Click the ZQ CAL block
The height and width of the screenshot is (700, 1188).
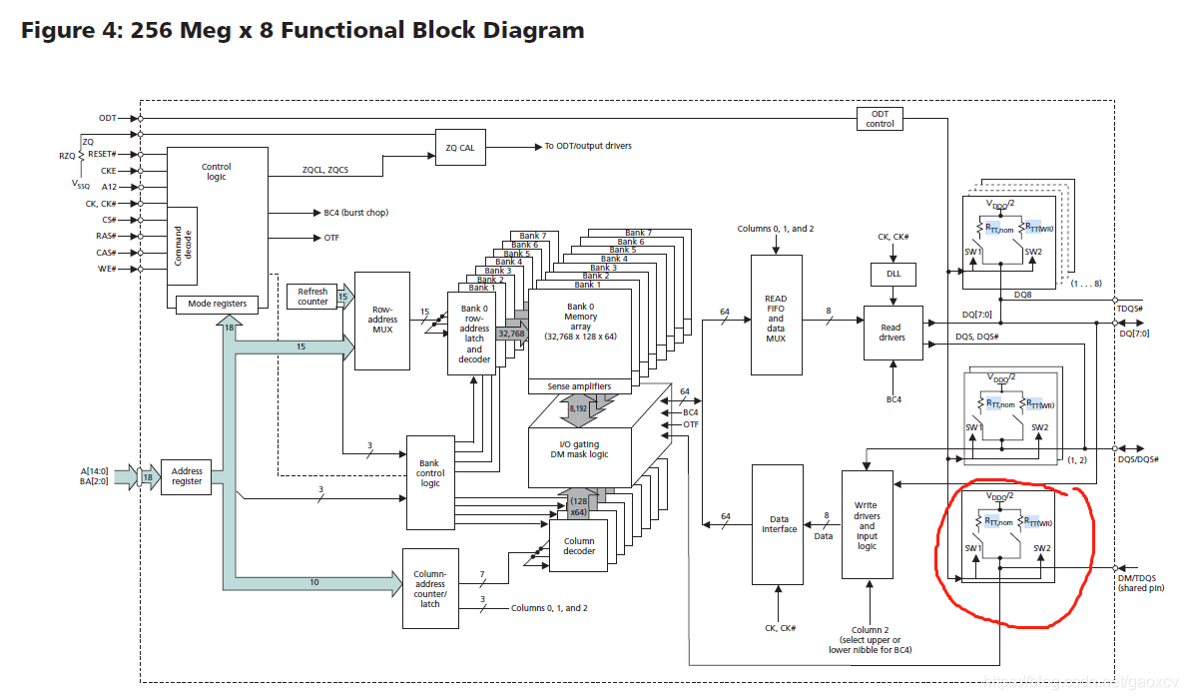460,147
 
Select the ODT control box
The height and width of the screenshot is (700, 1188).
880,119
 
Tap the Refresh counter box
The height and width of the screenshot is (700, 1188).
312,297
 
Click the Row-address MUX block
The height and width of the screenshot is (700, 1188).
382,321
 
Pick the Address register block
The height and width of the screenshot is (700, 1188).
187,476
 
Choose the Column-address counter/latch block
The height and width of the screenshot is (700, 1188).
430,588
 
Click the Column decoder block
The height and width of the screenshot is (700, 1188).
578,545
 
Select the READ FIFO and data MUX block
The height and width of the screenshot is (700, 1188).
776,319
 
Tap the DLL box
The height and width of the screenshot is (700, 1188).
892,274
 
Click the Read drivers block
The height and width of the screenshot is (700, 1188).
892,333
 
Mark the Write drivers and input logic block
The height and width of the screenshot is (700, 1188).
867,523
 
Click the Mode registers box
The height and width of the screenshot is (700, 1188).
217,304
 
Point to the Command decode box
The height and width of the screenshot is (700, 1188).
183,244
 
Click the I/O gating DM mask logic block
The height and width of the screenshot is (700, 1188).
579,448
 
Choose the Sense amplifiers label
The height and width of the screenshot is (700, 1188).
579,386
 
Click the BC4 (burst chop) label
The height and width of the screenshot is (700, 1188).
356,213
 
